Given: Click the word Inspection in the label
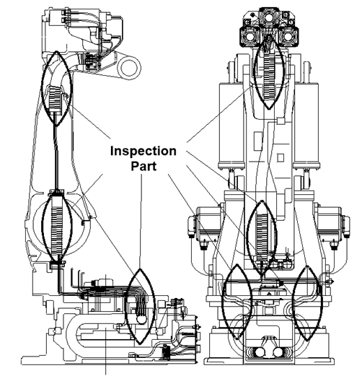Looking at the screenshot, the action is coord(144,152).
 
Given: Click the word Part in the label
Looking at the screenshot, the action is coord(144,166).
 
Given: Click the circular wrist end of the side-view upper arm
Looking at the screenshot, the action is coord(129,68).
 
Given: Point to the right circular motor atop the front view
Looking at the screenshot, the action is coord(288,37).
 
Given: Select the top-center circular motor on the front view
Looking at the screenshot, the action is coord(269,17).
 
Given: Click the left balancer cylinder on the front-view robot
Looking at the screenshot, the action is coord(231,125).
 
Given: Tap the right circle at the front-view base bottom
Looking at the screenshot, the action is coord(278,352).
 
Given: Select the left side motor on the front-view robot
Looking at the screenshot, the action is coord(206,224).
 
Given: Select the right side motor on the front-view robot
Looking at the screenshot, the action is coord(332,224).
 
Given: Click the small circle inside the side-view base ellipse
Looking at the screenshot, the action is coord(141,319).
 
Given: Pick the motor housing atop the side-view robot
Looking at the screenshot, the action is coord(83,31).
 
